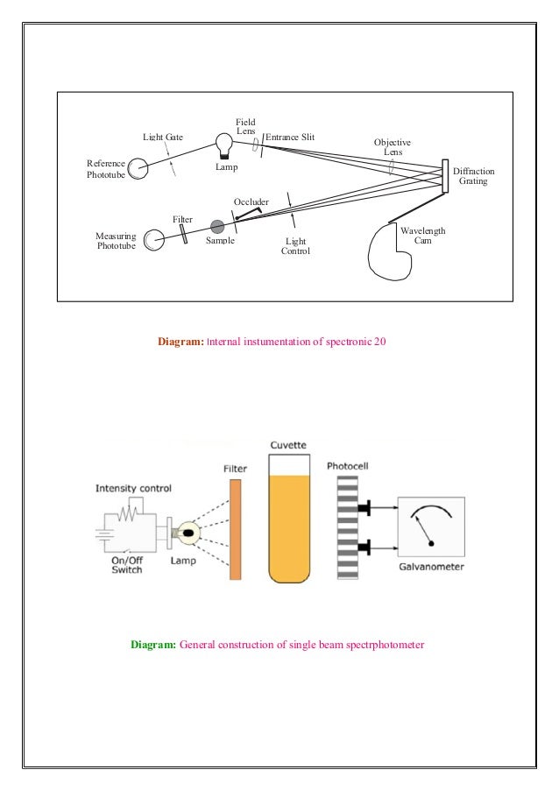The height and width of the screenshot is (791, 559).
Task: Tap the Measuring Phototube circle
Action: click(x=154, y=239)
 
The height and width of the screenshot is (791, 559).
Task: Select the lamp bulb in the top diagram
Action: click(x=224, y=142)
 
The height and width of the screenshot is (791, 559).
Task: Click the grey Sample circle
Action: click(x=217, y=227)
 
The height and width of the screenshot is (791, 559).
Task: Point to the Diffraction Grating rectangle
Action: click(x=445, y=175)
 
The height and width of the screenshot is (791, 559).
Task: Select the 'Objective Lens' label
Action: click(x=392, y=146)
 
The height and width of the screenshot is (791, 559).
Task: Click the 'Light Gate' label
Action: click(x=164, y=138)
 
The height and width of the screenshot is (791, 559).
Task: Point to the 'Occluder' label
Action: click(x=251, y=202)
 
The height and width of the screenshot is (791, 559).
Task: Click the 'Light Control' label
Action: click(x=295, y=246)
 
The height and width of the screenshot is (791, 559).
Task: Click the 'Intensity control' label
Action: click(x=133, y=488)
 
